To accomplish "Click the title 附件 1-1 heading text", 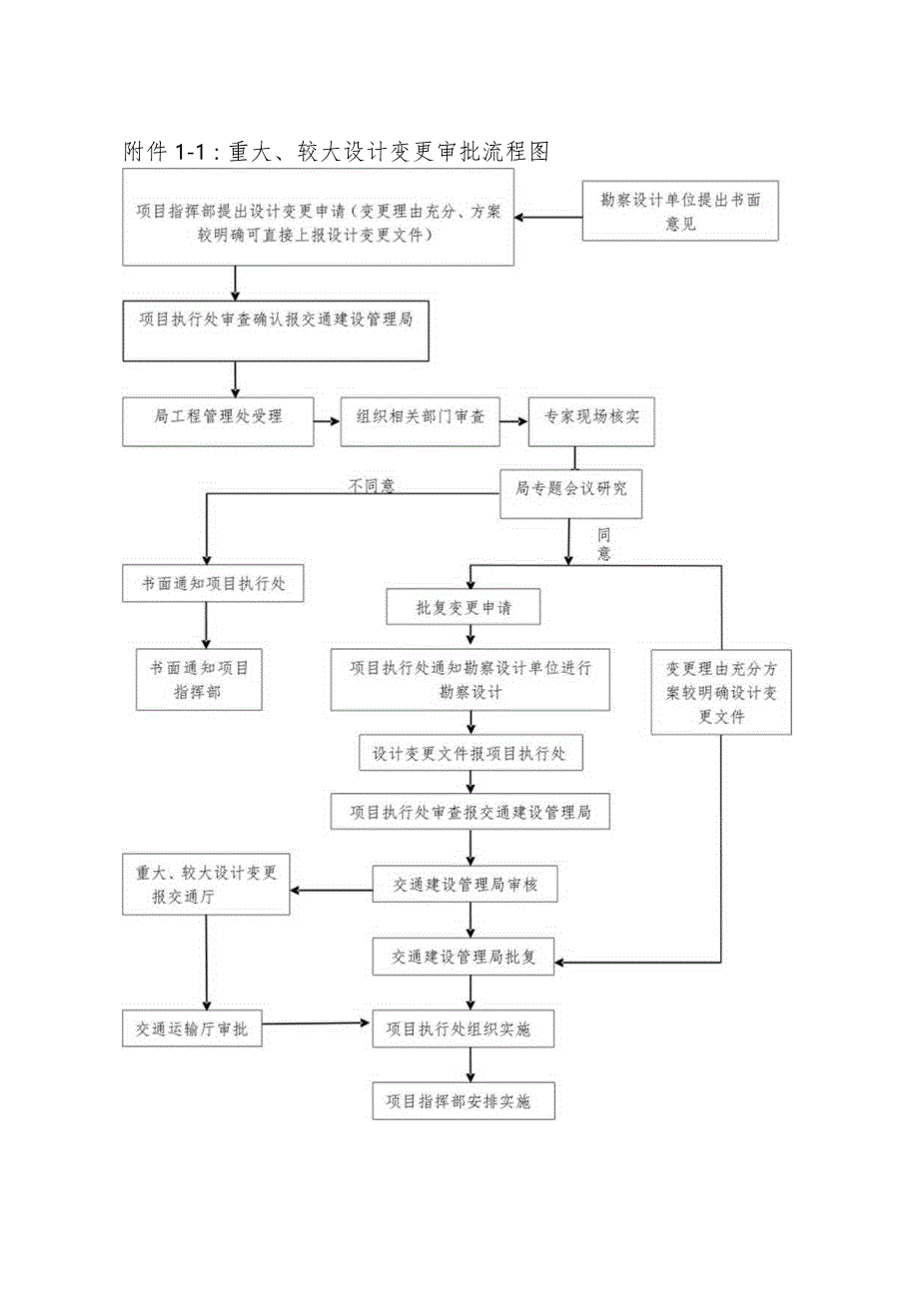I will point(336,152).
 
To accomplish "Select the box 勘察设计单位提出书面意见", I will point(680,212).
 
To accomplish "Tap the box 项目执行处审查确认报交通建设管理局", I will point(276,329).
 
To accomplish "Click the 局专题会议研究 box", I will point(570,489).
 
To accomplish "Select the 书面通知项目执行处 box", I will point(213,584).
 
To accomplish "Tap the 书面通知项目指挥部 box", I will point(199,680).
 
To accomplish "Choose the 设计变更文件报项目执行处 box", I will point(469,754).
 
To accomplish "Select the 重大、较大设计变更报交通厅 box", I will point(206,885).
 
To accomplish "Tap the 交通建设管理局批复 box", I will point(464,957).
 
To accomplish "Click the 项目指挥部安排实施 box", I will point(463,1101).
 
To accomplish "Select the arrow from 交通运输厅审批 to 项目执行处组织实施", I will point(316,1023).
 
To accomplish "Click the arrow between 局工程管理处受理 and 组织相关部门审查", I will point(327,422).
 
